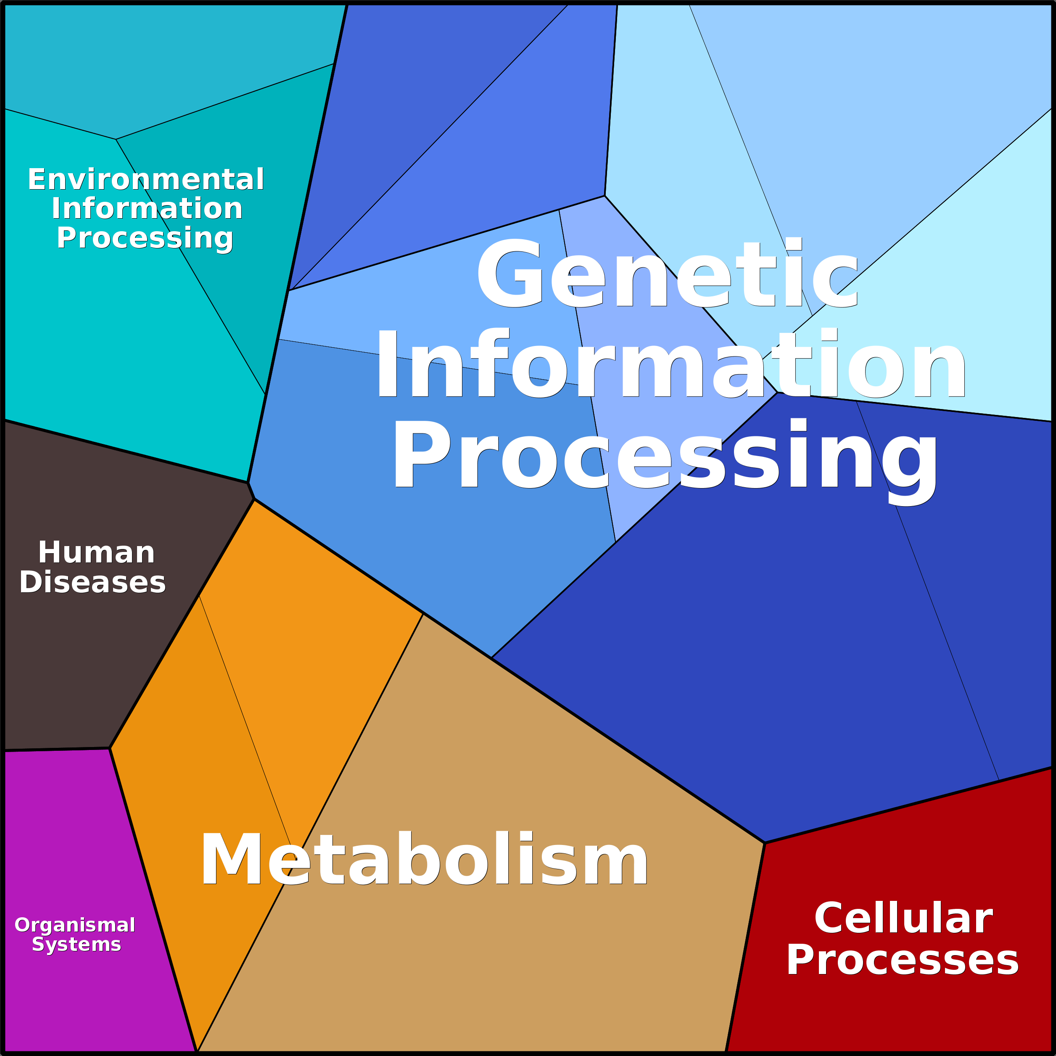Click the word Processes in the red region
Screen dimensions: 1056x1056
(903, 960)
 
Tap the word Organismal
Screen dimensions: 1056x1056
(75, 925)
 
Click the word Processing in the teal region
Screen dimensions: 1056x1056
(145, 238)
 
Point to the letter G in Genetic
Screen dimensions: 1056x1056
(510, 273)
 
